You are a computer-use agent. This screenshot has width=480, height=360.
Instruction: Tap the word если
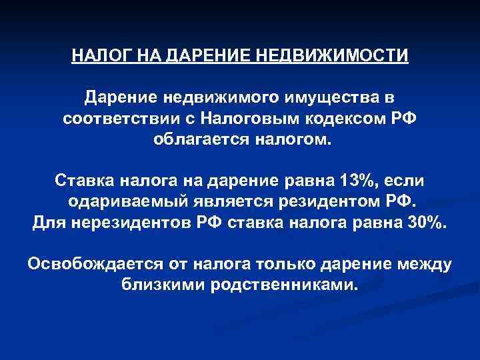pos(407,180)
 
